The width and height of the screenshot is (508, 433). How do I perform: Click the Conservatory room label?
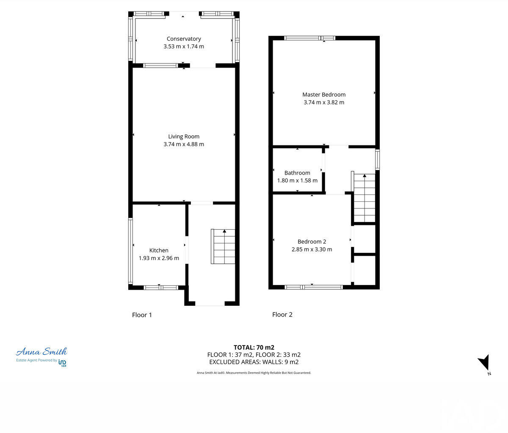(184, 39)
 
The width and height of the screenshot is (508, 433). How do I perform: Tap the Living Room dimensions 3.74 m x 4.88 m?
(184, 144)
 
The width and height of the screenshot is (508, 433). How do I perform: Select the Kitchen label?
(159, 250)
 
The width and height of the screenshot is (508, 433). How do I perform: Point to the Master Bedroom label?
(324, 95)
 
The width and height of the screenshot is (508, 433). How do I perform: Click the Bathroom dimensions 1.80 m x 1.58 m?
(297, 181)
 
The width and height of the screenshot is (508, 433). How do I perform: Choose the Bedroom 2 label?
(312, 241)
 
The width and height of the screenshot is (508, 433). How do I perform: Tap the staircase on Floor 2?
(364, 198)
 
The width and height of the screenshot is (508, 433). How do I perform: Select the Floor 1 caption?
(142, 315)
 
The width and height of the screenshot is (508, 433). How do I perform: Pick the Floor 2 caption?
(282, 315)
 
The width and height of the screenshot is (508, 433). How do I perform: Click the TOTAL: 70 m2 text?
(254, 348)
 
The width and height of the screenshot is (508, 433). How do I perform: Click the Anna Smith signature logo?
(41, 352)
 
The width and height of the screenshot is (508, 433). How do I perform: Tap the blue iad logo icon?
(62, 362)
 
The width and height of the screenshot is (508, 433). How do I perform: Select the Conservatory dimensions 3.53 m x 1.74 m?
(184, 47)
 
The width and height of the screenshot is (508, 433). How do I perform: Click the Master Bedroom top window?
(309, 38)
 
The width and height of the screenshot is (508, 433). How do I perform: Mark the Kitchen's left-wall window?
(131, 251)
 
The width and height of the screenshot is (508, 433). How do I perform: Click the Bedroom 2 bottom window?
(313, 287)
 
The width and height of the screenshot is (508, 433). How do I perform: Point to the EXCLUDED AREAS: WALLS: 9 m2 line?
(254, 362)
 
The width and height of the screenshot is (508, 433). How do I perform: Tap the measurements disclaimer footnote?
(254, 373)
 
